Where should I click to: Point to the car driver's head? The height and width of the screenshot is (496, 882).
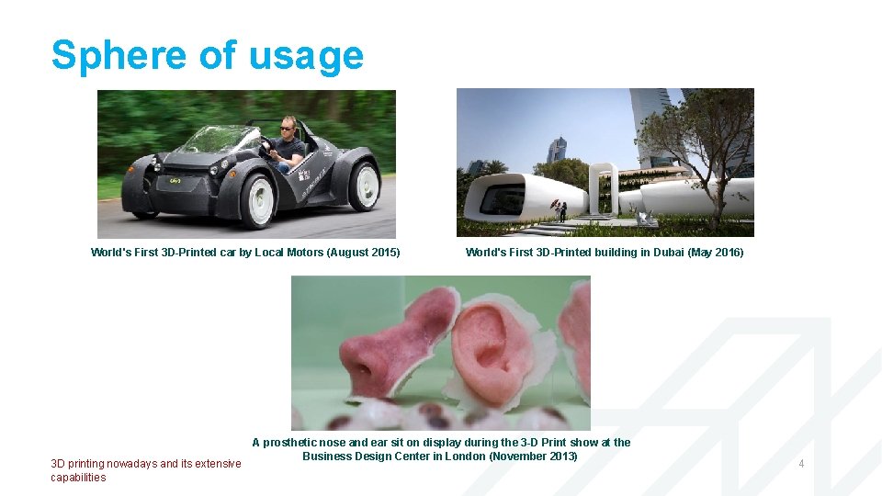pos(288,127)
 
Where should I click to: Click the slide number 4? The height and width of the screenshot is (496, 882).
pos(801,464)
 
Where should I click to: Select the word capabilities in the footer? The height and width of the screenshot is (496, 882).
pos(78,478)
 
